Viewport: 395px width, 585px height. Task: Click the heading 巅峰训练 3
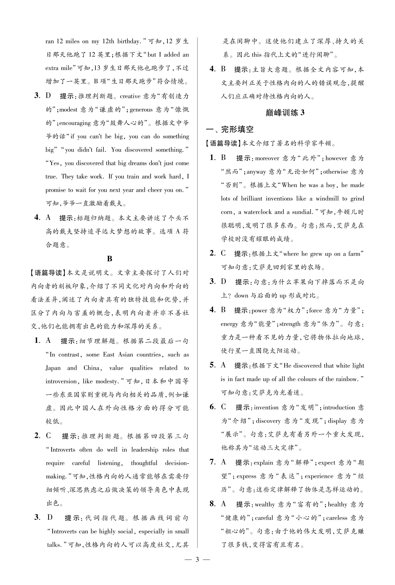285,113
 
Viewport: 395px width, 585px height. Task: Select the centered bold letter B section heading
109,259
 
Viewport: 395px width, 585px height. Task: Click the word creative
130,96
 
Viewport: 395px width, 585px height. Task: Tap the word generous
141,110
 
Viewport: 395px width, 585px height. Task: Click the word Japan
53,368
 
